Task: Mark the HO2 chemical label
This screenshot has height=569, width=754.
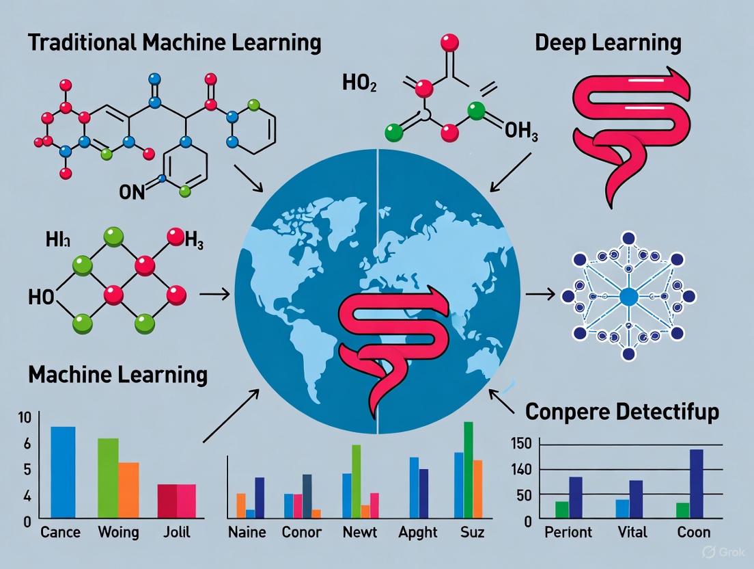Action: click(359, 85)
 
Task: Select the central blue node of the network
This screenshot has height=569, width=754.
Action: click(628, 296)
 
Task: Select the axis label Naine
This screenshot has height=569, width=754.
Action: click(247, 532)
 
